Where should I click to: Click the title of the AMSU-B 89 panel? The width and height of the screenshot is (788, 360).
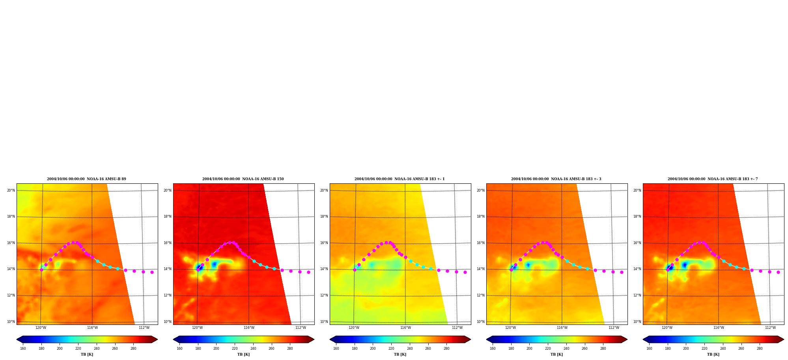point(86,179)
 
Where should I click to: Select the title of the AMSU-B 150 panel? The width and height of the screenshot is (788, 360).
point(243,179)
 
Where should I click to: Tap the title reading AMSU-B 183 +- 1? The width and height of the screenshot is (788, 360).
point(400,179)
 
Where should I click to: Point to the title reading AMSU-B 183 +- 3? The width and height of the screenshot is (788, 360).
point(556,179)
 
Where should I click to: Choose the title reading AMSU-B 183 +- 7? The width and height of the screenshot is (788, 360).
point(713,179)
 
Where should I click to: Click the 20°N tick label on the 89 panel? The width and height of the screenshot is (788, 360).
point(11,190)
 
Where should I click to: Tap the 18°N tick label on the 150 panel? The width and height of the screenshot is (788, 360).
point(168,216)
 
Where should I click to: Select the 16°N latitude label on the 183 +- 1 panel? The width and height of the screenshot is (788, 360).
point(324,243)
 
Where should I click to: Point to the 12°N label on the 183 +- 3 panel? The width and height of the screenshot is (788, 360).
point(481,295)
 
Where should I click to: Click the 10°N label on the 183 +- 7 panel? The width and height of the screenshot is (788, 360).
point(637,322)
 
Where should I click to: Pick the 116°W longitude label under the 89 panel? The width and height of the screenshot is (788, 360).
point(92,328)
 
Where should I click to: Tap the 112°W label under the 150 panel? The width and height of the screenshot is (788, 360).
point(301,328)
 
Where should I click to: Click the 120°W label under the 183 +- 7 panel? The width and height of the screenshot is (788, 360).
point(667,328)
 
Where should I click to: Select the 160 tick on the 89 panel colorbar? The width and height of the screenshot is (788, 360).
point(23,349)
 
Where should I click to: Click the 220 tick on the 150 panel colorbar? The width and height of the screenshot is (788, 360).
point(235,349)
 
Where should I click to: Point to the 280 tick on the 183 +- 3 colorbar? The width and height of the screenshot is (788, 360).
point(603,349)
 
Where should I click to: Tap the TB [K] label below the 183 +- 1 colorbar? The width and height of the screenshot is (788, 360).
point(400,354)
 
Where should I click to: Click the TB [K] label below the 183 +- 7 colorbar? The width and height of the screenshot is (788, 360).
point(713,354)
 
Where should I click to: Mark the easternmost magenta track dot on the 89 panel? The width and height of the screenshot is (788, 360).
point(152,272)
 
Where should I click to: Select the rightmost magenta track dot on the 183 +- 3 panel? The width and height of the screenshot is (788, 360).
point(622,272)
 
